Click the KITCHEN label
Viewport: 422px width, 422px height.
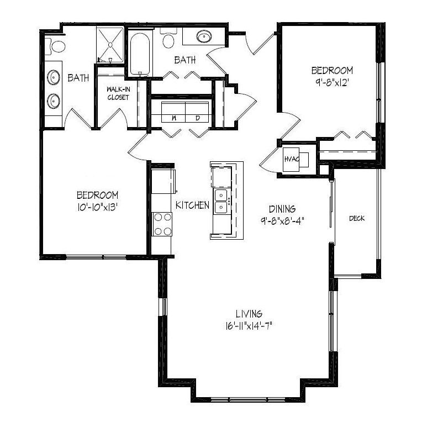192,205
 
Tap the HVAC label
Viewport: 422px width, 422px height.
292,159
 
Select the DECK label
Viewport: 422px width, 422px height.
357,218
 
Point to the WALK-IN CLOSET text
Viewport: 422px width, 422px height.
118,93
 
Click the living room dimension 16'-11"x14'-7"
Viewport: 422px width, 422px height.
249,326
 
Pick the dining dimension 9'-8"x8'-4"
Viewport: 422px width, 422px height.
282,221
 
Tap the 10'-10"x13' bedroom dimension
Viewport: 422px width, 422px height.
98,207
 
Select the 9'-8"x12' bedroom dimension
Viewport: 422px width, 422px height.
332,83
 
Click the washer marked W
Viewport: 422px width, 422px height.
173,112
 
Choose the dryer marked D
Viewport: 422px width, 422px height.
197,112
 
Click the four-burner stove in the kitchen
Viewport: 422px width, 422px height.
162,224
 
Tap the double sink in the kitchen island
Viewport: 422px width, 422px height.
221,201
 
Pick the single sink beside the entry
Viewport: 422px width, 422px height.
204,36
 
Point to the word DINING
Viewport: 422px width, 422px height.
282,209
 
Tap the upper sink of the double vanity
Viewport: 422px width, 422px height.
54,77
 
